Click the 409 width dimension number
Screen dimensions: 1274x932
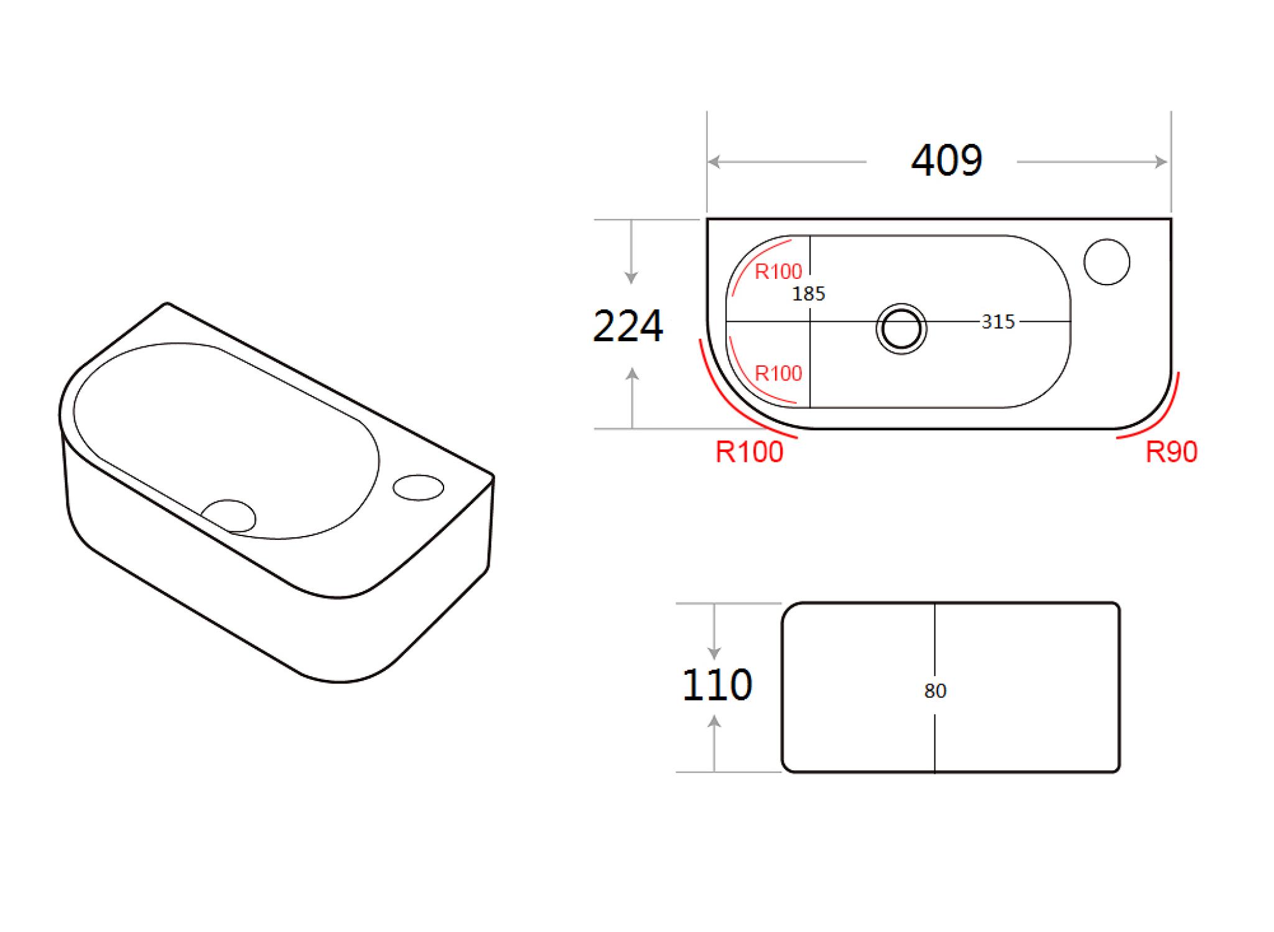point(947,160)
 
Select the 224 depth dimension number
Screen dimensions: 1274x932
point(628,326)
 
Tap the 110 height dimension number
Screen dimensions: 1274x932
point(717,685)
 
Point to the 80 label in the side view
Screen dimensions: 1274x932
point(935,691)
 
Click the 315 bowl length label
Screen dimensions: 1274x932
point(998,322)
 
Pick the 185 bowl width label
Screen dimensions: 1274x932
point(809,294)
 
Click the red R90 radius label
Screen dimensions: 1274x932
point(1171,453)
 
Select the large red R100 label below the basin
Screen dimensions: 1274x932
point(750,452)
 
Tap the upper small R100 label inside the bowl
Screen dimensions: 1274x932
point(778,271)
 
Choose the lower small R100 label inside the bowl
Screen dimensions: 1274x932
point(778,374)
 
